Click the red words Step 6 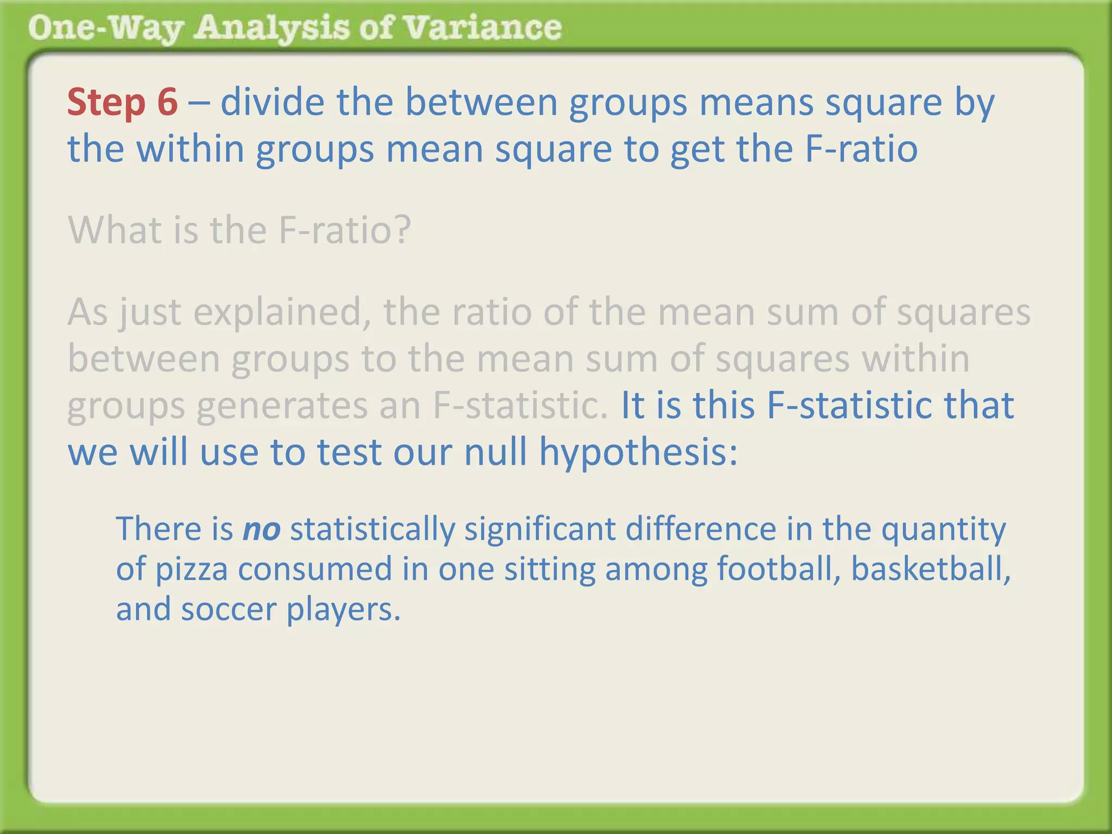122,102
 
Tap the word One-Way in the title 105,28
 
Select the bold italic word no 261,529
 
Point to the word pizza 192,569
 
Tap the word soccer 229,609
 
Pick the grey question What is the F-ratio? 239,230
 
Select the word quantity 943,530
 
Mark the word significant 540,530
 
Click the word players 343,610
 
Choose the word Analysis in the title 272,28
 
